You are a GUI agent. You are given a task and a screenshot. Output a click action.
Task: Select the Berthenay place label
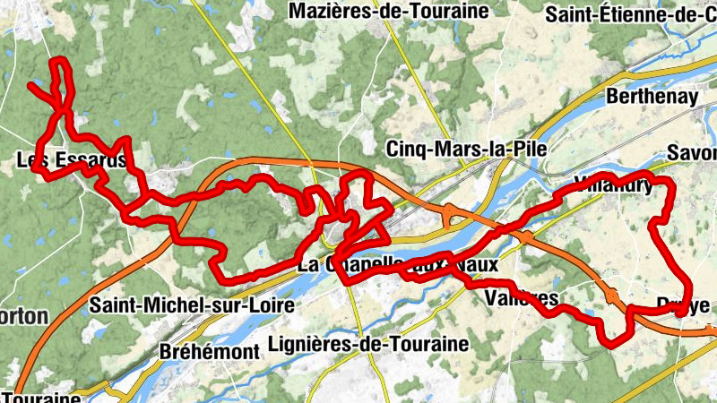[652, 96]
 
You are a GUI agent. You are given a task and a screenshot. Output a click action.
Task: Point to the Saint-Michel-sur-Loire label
[192, 305]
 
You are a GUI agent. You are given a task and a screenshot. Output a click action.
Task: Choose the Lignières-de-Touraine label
[368, 344]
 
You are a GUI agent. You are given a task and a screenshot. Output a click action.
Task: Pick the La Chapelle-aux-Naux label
[396, 265]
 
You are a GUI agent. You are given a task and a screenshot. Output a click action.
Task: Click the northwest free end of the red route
[31, 86]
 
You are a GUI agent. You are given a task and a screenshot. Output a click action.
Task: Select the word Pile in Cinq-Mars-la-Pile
[528, 148]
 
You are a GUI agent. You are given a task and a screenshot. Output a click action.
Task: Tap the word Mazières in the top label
[326, 12]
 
